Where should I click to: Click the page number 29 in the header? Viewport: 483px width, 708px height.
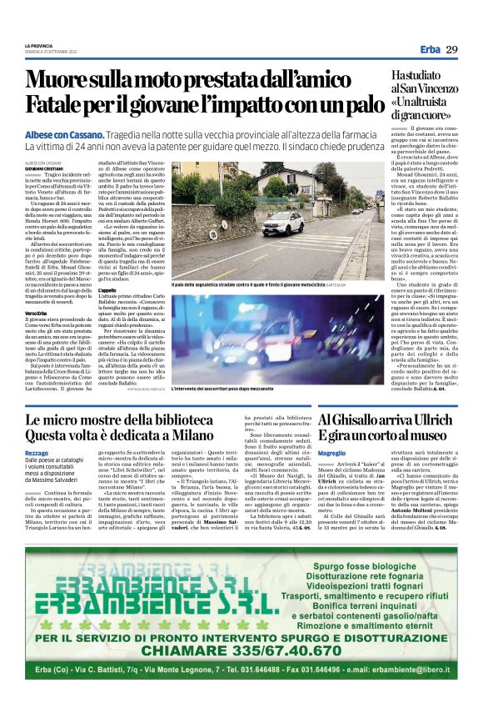(x=452, y=49)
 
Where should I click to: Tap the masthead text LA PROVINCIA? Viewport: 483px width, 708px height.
(x=39, y=45)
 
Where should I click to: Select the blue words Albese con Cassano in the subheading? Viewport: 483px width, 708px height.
(x=64, y=134)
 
